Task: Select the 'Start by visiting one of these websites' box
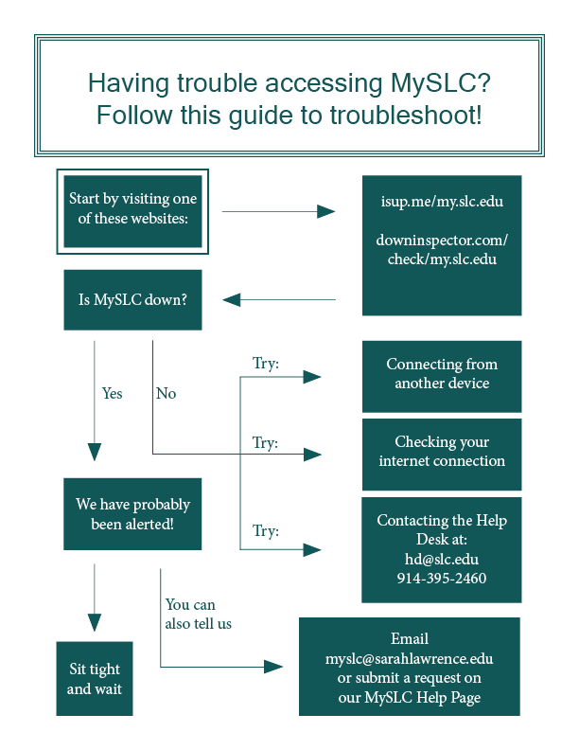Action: pos(132,211)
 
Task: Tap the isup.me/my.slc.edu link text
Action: pos(442,203)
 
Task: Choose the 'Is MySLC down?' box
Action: pos(132,300)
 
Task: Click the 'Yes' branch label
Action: pos(112,393)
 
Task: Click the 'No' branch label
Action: pos(166,393)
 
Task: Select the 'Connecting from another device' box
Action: pos(442,374)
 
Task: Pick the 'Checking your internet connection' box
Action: pos(442,452)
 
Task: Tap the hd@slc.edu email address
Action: pos(442,559)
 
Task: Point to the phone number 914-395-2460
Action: pos(442,578)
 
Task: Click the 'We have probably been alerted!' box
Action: pos(132,514)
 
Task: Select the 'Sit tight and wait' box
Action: pos(94,679)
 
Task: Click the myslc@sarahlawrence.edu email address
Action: pos(409,658)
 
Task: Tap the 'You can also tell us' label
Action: pos(198,614)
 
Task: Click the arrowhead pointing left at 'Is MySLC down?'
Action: pos(232,300)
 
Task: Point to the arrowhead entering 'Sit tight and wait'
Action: pos(94,622)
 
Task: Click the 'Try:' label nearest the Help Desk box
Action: pos(266,531)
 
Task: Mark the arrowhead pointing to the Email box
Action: pos(273,667)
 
